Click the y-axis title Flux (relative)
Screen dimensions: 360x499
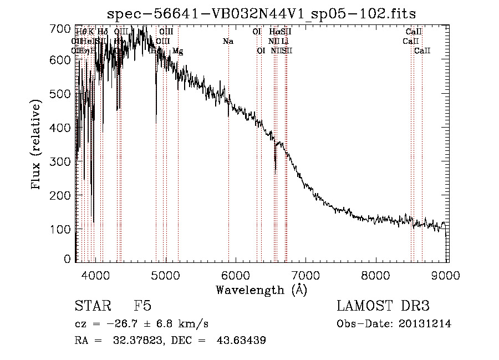coord(37,144)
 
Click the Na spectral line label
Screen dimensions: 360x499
coord(228,42)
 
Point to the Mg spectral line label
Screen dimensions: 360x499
coord(177,51)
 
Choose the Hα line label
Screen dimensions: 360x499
coord(274,32)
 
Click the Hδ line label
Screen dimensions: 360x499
coord(103,32)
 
